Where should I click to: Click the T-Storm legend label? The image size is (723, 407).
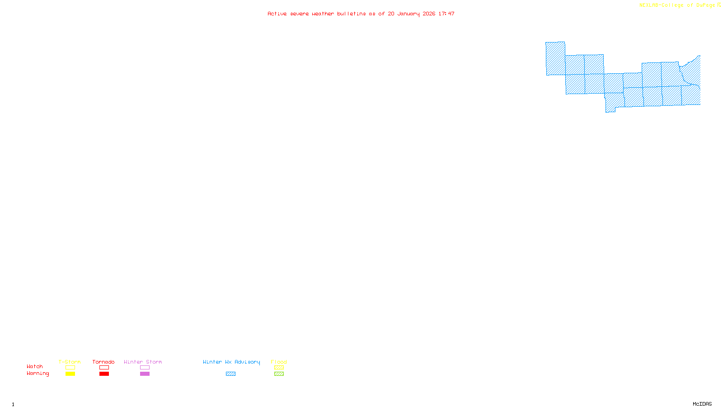point(70,362)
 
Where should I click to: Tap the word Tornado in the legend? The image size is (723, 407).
point(103,362)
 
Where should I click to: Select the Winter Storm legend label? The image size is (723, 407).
point(143,362)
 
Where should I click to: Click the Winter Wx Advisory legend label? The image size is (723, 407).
point(231,362)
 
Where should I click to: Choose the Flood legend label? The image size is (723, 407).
point(279,362)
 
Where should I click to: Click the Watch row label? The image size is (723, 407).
point(35,366)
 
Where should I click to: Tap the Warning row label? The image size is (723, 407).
point(38,374)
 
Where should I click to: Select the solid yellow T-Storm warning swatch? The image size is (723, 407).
point(70,374)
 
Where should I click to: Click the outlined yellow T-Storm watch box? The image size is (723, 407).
point(70,368)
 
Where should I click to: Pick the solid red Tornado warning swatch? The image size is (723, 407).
point(104,374)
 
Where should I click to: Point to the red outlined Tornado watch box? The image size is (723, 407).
point(104,368)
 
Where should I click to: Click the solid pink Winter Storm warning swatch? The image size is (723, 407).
point(145,374)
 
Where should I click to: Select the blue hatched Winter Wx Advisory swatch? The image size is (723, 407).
point(230,374)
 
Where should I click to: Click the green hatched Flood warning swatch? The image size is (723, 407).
point(279,374)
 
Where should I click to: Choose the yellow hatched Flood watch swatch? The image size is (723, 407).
point(279,368)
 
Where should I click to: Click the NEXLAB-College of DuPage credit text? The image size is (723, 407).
point(677,5)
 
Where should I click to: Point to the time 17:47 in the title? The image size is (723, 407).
point(446,14)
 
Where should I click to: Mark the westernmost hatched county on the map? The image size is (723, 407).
point(555,58)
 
